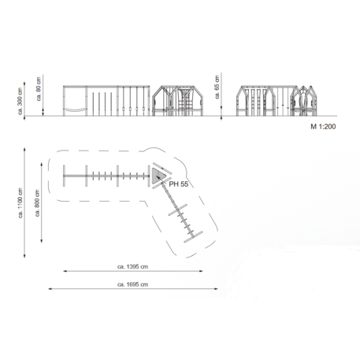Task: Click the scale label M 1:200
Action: [323, 127]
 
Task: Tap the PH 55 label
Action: [179, 184]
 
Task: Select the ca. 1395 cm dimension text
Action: [132, 266]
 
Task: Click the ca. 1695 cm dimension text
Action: [132, 284]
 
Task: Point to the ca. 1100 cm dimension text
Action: [20, 203]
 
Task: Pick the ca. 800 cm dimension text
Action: [37, 203]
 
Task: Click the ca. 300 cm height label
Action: [20, 101]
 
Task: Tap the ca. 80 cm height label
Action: [39, 89]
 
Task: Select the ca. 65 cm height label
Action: [217, 87]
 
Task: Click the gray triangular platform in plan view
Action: [157, 176]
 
